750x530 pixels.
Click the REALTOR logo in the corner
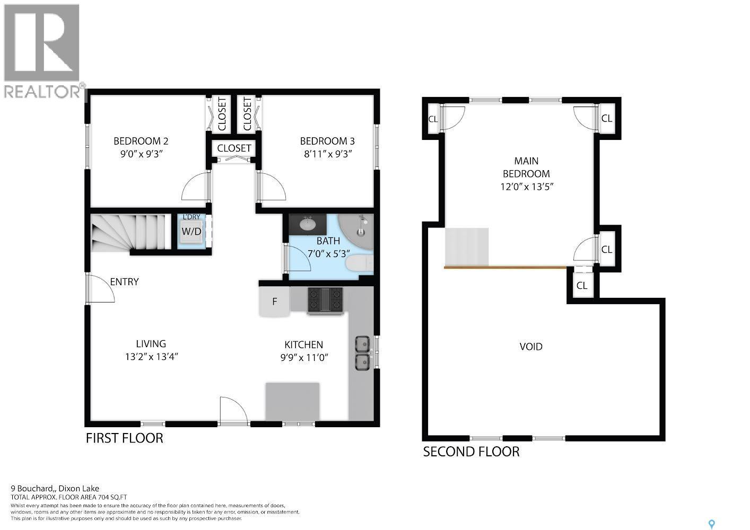42,50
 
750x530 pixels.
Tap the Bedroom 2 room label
141,141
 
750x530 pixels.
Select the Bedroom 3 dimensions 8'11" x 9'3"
327,154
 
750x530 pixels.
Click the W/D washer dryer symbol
191,232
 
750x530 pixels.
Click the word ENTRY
124,282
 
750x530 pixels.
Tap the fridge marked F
274,302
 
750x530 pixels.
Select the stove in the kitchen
325,300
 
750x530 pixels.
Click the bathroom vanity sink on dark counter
307,224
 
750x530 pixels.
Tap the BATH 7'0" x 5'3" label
328,247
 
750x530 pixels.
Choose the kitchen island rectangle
292,401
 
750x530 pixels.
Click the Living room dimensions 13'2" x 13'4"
151,357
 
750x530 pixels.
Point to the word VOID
530,347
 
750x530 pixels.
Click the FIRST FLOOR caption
125,438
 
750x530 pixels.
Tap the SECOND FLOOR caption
471,452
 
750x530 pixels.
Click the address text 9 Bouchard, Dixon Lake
55,489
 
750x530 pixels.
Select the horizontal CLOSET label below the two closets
234,148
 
